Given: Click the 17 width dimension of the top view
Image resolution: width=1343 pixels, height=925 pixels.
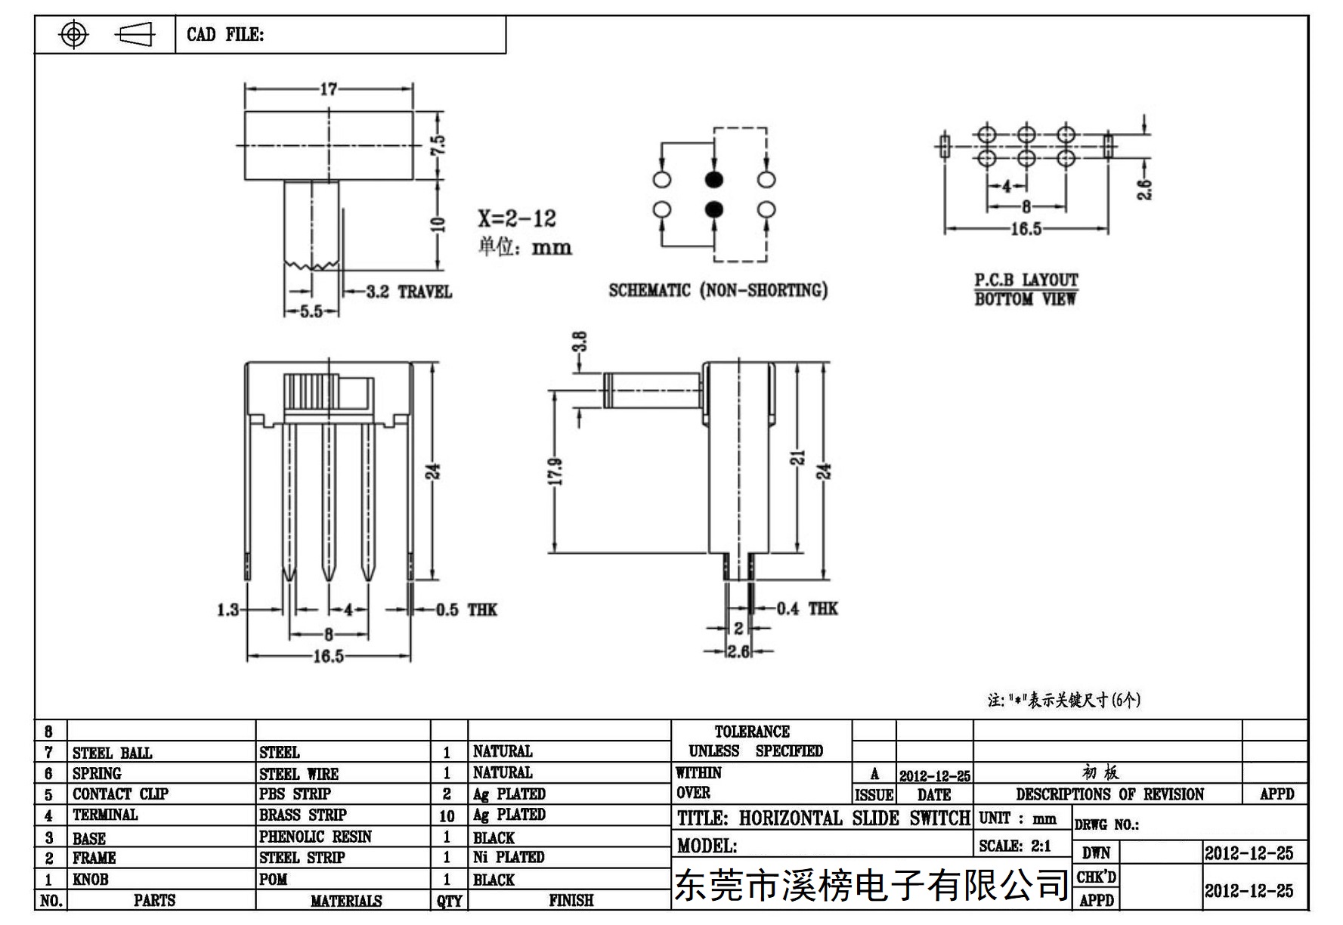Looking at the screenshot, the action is coord(329,89).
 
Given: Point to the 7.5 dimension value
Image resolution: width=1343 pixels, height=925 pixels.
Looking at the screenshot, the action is coord(438,144).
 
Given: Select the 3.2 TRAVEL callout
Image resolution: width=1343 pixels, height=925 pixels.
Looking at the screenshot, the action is coord(409,292).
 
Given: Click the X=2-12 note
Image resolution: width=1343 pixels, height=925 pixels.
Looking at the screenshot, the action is coord(517,218).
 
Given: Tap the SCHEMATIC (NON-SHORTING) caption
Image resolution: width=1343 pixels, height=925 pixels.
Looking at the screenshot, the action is coord(718,290).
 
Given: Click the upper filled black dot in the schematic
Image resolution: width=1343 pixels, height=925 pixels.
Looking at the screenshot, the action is coord(714,180).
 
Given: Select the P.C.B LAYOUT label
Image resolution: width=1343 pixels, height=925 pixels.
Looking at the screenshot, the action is coord(1026,280).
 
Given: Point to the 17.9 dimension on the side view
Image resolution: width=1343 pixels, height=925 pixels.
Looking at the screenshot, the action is coord(555,472).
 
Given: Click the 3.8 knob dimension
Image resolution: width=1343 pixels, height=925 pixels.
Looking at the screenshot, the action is coord(580,342).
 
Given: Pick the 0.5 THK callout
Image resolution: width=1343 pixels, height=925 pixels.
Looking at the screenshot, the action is coord(466,610).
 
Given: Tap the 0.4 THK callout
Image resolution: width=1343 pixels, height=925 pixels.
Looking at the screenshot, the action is coord(807,608).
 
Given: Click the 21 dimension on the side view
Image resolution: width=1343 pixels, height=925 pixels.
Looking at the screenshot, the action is coord(798,458).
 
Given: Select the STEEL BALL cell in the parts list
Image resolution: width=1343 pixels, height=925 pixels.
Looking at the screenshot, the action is coord(112,753).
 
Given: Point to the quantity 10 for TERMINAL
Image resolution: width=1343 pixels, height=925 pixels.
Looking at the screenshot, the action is coord(447,816).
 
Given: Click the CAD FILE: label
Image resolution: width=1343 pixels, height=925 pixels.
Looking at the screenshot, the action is coord(225,35).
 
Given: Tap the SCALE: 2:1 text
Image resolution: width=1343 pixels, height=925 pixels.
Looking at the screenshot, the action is coord(1015,846).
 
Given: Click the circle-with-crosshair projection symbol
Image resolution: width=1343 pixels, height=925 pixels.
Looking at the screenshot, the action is coord(73,34).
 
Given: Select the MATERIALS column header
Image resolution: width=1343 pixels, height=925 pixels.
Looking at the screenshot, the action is coord(346,901).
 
